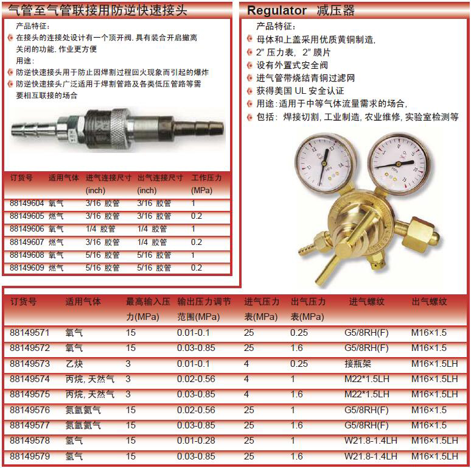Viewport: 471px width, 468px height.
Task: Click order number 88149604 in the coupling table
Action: click(27, 204)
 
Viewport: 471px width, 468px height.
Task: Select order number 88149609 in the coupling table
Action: click(27, 268)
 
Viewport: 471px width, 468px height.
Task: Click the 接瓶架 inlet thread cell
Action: click(357, 363)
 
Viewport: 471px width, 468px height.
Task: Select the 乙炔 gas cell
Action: click(74, 363)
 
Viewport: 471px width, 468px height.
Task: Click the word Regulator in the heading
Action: click(277, 11)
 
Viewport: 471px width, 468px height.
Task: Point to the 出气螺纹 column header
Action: click(429, 302)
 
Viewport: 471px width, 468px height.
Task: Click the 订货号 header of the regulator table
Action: click(24, 302)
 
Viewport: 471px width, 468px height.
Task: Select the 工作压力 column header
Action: click(207, 178)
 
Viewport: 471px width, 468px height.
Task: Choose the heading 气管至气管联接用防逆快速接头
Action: click(97, 10)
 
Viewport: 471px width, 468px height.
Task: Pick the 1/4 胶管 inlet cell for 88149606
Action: click(100, 229)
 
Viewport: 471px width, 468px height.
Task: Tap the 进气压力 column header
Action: click(262, 302)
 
